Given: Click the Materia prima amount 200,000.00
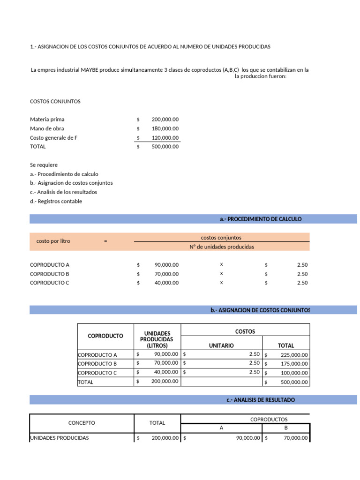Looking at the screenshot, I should (x=165, y=120).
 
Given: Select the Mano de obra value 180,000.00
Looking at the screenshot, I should (x=165, y=128).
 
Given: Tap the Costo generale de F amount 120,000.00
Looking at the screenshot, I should (x=165, y=138).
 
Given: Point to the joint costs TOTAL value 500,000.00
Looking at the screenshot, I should (x=165, y=147).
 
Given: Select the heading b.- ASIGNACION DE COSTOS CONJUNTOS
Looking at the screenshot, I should (x=260, y=310).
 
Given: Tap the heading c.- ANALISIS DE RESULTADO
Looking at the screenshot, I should (x=261, y=400).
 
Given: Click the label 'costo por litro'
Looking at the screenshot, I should (x=53, y=241).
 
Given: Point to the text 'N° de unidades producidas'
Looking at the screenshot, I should (x=222, y=247).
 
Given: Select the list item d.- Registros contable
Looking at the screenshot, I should (x=56, y=201).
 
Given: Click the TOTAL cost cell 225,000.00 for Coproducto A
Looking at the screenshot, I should (x=294, y=355).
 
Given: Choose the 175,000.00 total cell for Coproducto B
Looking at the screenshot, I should (x=294, y=364).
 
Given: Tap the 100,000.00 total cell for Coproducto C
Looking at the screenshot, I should (x=294, y=373).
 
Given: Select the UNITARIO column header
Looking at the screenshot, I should (x=221, y=345).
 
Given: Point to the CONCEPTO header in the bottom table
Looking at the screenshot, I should (x=82, y=423).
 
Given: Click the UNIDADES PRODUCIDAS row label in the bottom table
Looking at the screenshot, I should (x=59, y=438).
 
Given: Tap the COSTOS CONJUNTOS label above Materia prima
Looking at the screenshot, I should (x=55, y=101).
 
